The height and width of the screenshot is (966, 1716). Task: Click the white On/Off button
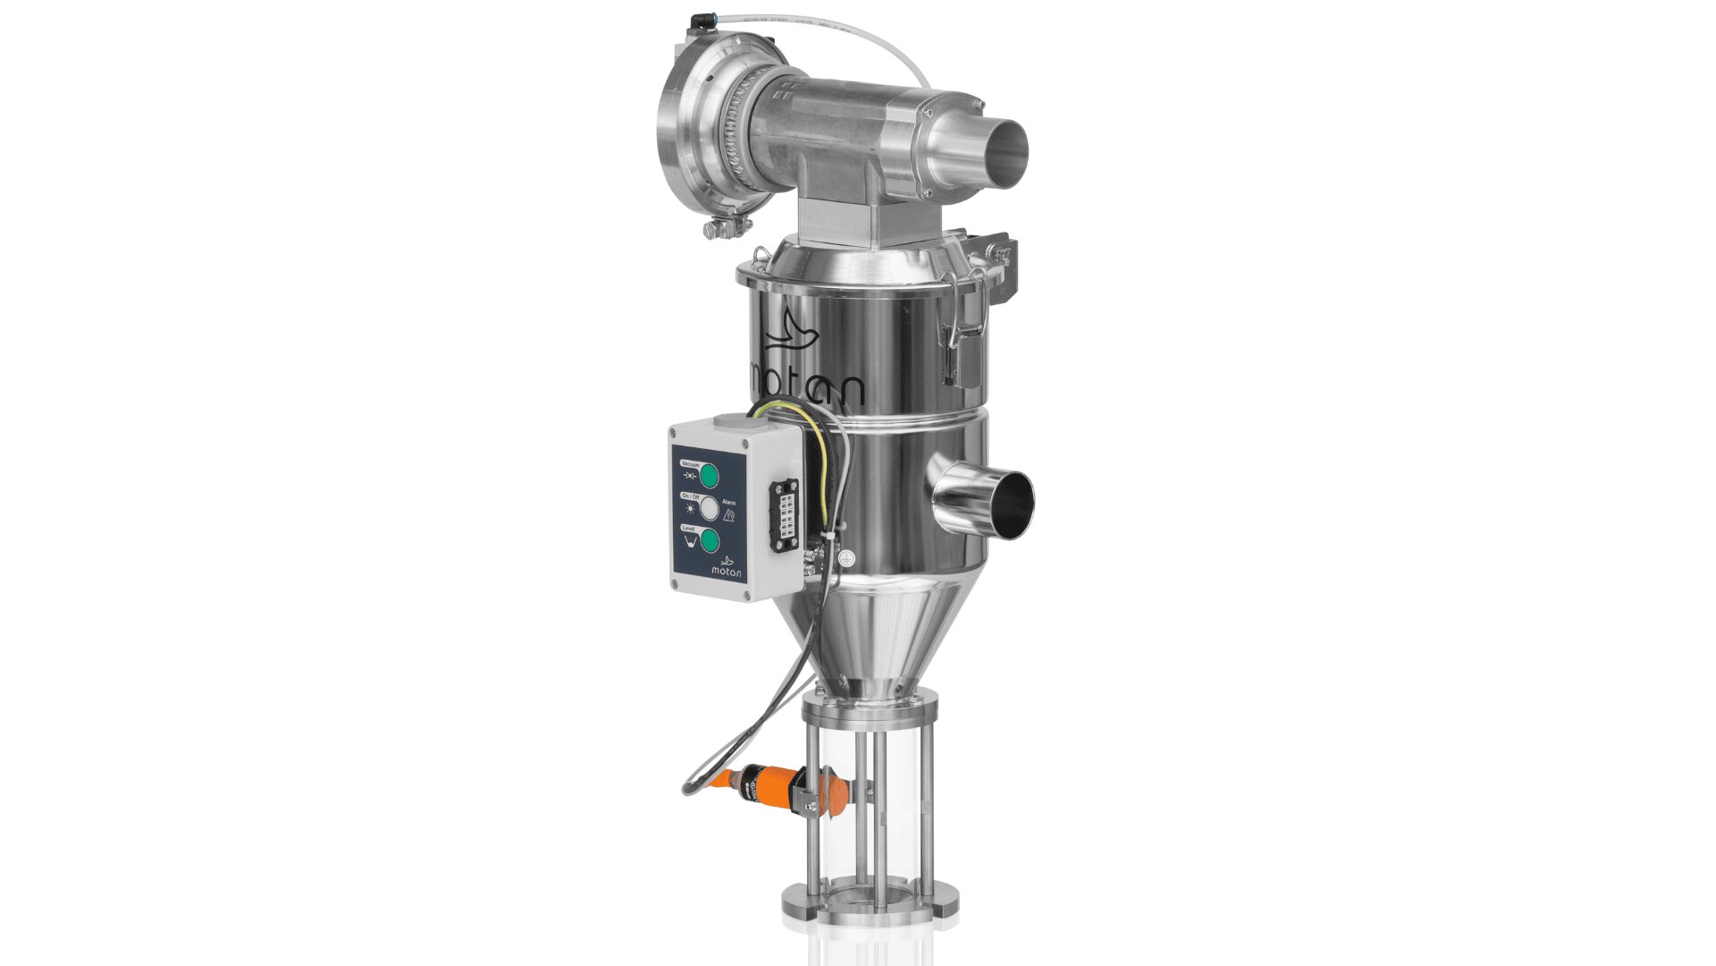[x=709, y=508]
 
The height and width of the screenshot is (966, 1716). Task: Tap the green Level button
[x=709, y=540]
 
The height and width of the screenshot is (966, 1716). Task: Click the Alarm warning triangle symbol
[x=729, y=516]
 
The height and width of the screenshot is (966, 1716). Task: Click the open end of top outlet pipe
[x=1008, y=153]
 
